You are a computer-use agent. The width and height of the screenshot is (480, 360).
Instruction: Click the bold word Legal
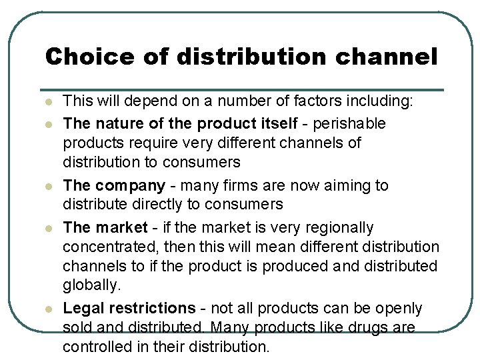pos(82,308)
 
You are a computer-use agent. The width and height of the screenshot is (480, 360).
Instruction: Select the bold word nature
pos(117,123)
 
